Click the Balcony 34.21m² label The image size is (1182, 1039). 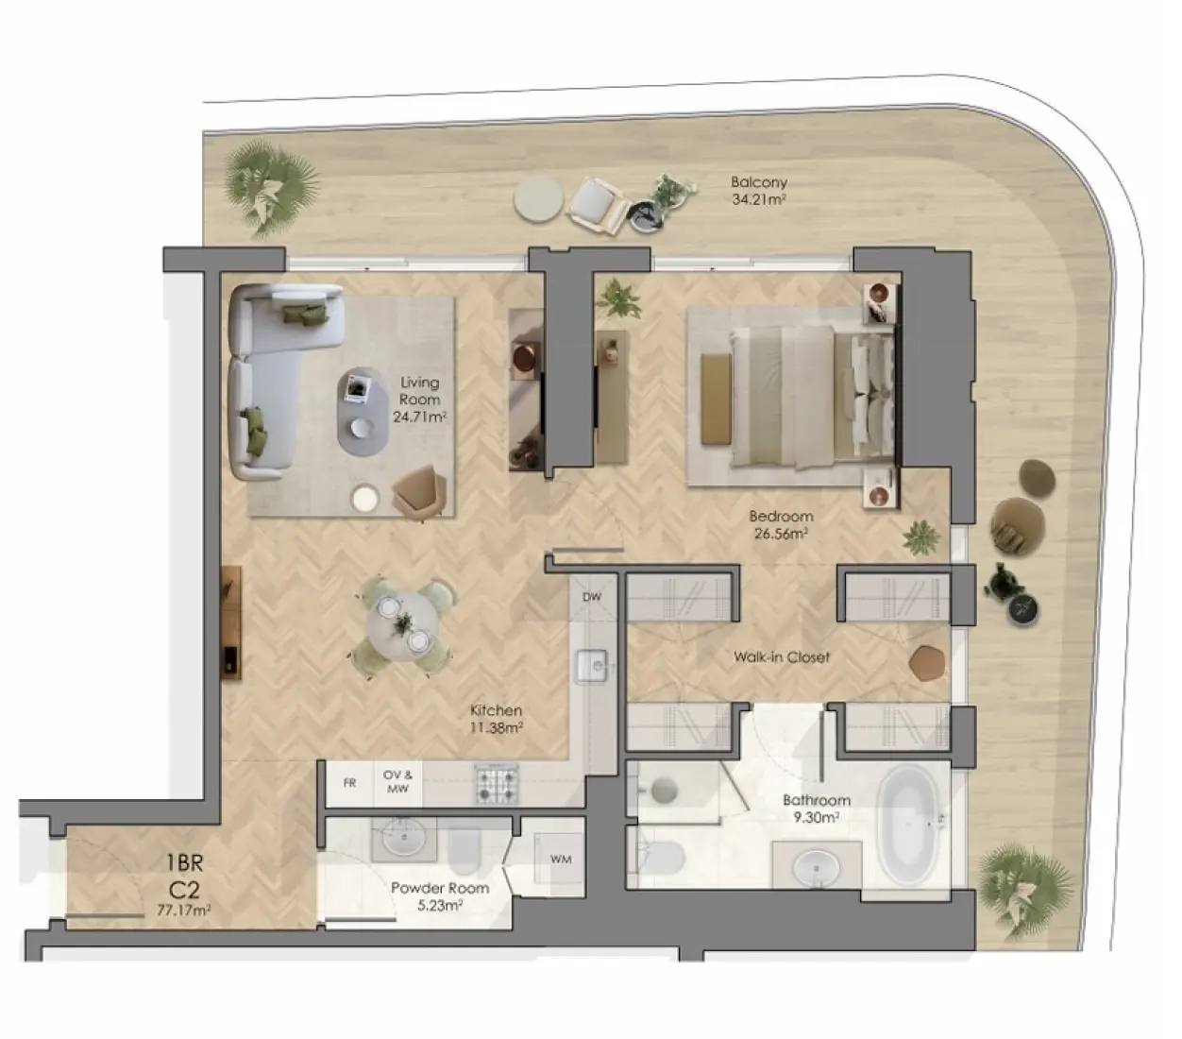tap(759, 190)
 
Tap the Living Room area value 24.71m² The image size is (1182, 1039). tap(419, 417)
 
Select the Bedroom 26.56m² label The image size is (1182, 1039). tap(781, 525)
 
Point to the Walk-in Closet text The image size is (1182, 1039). tap(782, 656)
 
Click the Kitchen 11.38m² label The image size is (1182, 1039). tap(497, 719)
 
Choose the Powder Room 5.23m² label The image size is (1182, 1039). tap(440, 896)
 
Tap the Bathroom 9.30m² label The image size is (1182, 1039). tap(817, 809)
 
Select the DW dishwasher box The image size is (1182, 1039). tap(592, 597)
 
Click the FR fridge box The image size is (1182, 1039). tap(349, 783)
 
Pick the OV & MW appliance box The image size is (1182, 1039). tap(398, 782)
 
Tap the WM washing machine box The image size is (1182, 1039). tap(560, 860)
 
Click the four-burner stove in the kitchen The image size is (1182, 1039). tap(497, 783)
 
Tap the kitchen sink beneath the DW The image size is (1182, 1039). tap(593, 666)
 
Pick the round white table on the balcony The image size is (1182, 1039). tap(539, 199)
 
